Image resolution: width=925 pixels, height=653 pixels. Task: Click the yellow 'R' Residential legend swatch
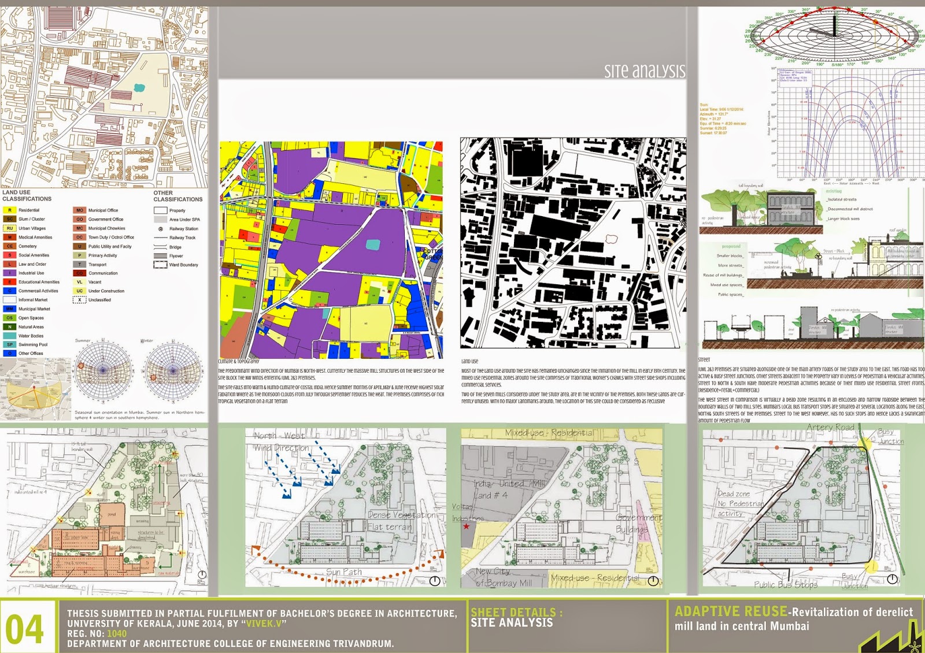10,210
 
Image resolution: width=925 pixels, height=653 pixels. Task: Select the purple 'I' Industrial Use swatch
10,273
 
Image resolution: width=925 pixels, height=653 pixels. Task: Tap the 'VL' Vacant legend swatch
80,282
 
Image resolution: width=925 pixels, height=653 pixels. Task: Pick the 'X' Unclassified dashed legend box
80,300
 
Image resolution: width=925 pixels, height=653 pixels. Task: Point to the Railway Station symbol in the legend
160,229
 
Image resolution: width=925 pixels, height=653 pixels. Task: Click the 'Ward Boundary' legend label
183,265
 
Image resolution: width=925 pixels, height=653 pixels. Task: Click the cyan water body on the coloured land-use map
373,244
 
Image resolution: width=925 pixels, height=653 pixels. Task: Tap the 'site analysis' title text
644,71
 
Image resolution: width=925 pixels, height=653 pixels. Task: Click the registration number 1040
116,634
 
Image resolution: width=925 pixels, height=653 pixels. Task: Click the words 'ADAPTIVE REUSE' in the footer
731,611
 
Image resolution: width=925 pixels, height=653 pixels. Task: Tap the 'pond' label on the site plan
112,514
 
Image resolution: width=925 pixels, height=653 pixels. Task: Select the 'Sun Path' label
344,572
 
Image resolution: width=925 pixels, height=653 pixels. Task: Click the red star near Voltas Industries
466,526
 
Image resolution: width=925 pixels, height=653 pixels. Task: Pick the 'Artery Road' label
830,428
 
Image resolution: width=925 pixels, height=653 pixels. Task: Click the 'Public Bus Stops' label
785,585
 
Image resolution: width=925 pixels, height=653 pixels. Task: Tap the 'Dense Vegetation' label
402,515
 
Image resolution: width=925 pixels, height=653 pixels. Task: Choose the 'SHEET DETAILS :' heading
516,612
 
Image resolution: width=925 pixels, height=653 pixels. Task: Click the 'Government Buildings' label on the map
638,524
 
